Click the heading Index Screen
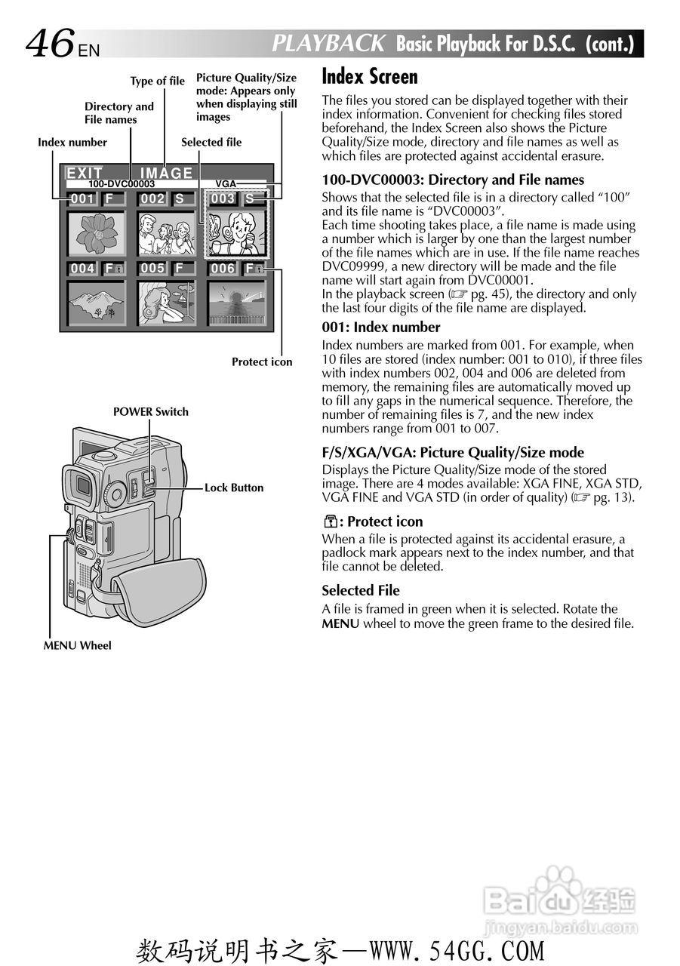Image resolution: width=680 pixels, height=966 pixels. click(x=369, y=77)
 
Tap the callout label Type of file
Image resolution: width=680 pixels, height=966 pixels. click(x=157, y=82)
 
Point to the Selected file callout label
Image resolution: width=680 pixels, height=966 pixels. click(x=211, y=142)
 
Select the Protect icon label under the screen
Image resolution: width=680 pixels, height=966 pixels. click(x=261, y=361)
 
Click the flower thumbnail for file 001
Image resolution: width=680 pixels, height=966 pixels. click(x=96, y=233)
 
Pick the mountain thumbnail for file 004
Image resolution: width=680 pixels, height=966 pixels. click(x=96, y=303)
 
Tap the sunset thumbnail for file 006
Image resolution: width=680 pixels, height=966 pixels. click(x=237, y=303)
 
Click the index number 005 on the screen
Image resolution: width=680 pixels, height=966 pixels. click(x=152, y=269)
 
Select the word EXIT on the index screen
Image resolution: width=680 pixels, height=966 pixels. click(x=85, y=174)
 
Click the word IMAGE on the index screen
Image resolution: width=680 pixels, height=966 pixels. click(x=167, y=174)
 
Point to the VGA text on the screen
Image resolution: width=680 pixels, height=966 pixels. click(x=226, y=184)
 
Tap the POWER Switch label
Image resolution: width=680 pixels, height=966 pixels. click(x=150, y=411)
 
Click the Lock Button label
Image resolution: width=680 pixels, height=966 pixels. click(x=234, y=488)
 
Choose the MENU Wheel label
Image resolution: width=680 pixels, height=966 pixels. click(x=77, y=645)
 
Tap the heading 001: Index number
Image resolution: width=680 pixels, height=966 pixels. click(x=381, y=327)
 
